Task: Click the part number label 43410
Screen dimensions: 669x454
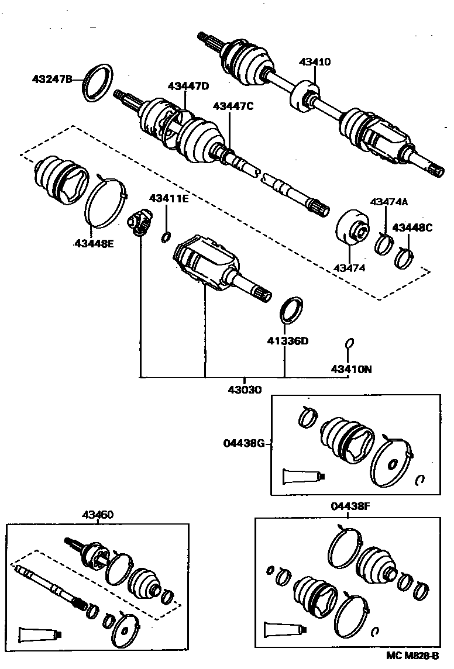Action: pyautogui.click(x=315, y=61)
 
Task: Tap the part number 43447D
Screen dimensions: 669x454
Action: pyautogui.click(x=188, y=86)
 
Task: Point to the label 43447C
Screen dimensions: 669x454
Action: pyautogui.click(x=233, y=106)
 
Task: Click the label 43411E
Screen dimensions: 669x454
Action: pyautogui.click(x=168, y=198)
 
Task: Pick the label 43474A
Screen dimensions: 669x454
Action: pyautogui.click(x=388, y=202)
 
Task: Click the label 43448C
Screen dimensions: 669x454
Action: pyautogui.click(x=412, y=227)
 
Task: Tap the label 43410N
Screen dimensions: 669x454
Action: pyautogui.click(x=351, y=369)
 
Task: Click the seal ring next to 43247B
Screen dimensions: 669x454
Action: pyautogui.click(x=97, y=83)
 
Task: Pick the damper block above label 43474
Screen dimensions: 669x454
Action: pyautogui.click(x=353, y=230)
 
